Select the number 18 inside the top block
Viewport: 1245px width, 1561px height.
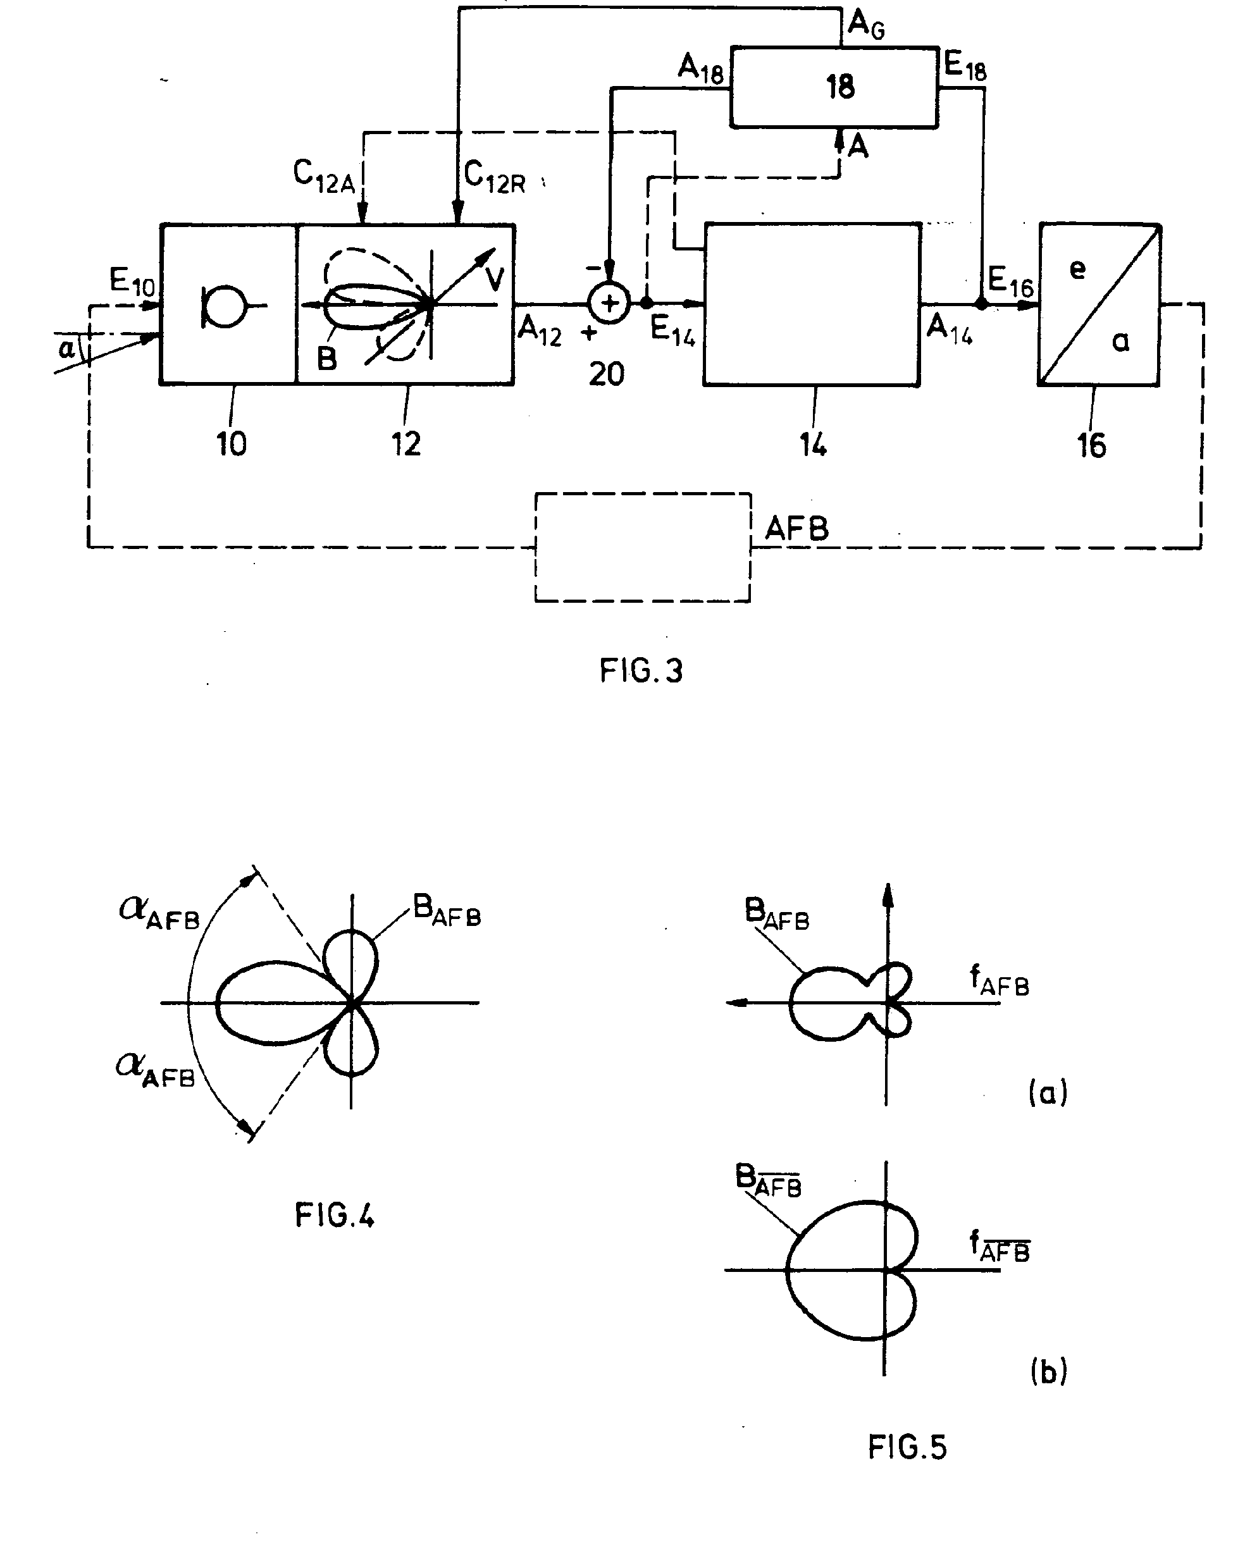840,87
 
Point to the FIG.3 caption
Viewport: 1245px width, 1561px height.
641,670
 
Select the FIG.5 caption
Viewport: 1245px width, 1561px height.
907,1447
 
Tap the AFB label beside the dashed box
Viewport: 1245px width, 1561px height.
796,529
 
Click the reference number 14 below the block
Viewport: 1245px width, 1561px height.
814,445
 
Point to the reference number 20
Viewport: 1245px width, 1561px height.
606,374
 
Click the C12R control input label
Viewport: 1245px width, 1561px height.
495,176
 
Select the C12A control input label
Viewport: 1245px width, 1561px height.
324,176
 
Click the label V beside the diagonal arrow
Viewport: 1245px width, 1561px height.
495,278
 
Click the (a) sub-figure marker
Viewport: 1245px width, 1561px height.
1047,1092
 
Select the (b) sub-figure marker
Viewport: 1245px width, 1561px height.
1048,1371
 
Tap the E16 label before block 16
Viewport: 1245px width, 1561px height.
1010,281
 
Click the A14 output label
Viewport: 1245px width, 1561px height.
950,330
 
